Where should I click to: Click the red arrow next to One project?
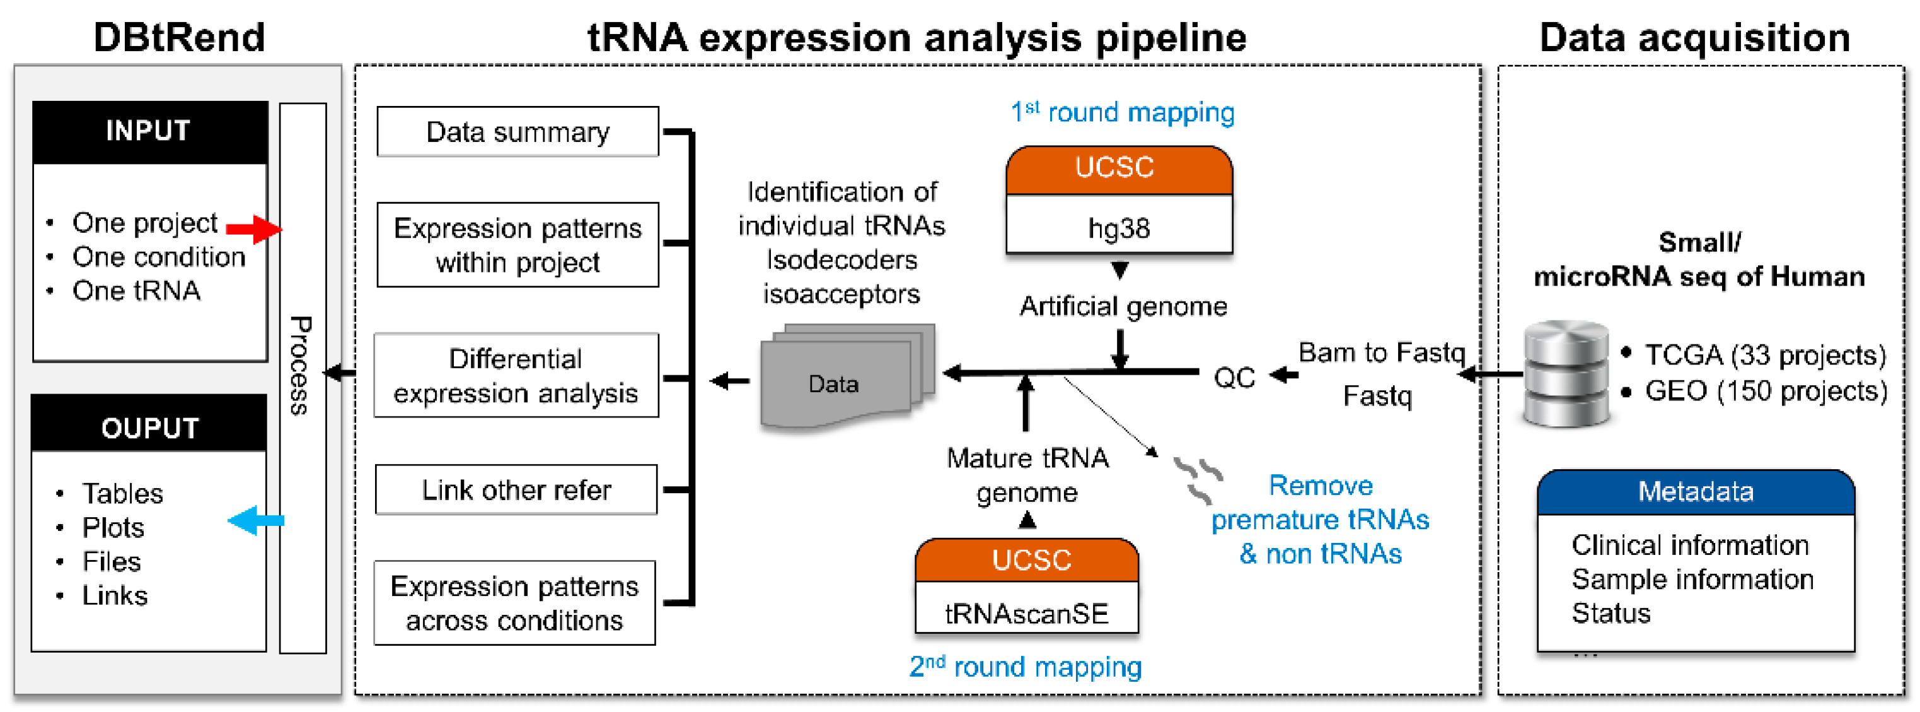click(253, 229)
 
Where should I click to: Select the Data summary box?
click(518, 132)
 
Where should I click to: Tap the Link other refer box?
click(516, 490)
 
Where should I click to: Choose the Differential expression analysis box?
click(516, 376)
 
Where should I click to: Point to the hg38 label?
click(1118, 228)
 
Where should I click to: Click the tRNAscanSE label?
click(1026, 614)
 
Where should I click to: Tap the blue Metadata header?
click(1695, 492)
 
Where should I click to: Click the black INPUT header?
click(149, 131)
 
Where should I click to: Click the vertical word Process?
click(301, 365)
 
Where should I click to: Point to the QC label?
click(1234, 378)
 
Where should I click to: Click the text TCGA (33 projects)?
click(1764, 355)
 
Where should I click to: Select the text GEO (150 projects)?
click(1764, 390)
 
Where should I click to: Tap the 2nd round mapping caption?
click(1025, 666)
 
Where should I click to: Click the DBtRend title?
click(179, 37)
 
